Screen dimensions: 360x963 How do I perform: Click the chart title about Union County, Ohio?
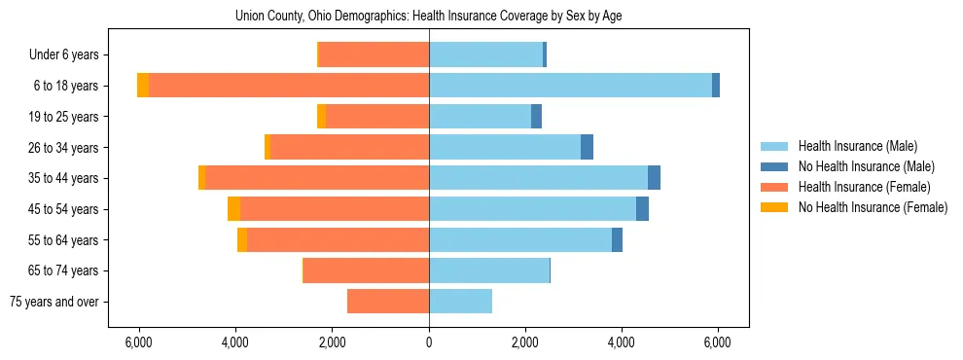[429, 17]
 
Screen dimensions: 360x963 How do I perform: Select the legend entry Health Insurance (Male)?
[857, 146]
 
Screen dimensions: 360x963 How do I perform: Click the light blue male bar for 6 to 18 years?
[570, 86]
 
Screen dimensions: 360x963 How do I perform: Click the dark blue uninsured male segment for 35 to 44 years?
[654, 178]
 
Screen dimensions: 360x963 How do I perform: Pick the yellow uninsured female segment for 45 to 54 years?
[234, 209]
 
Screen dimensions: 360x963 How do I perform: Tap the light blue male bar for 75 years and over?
[460, 302]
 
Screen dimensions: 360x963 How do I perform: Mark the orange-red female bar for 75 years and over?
[388, 302]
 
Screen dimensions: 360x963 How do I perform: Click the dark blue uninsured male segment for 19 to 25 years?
[536, 117]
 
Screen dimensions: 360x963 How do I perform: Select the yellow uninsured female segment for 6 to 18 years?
[143, 86]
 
